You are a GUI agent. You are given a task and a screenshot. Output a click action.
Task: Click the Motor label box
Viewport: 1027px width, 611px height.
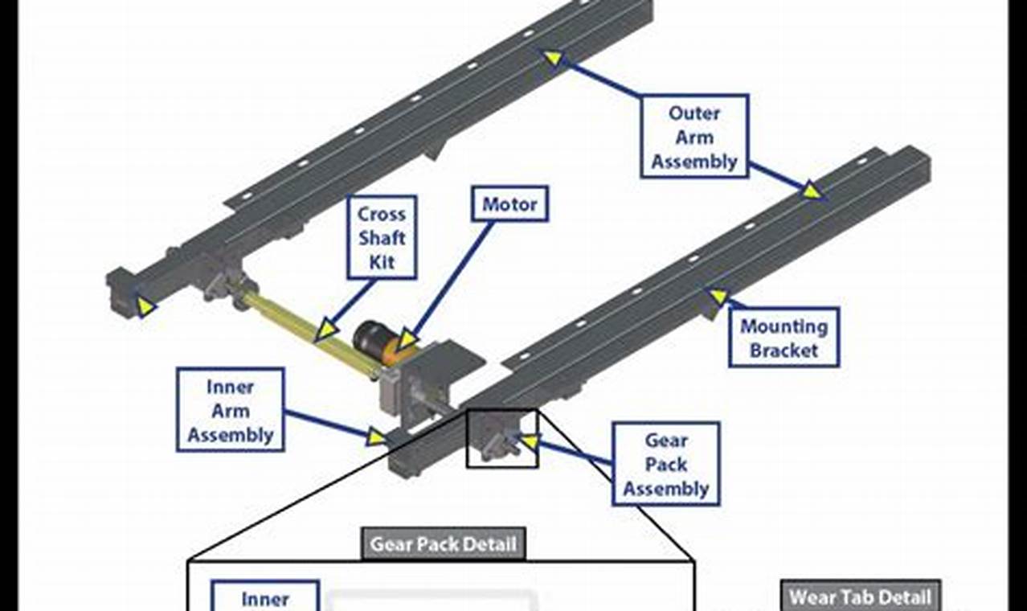point(509,205)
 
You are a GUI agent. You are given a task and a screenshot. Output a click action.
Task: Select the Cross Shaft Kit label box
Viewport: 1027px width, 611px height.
point(383,238)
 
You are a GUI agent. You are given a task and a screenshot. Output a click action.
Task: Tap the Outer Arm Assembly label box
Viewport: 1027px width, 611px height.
point(694,137)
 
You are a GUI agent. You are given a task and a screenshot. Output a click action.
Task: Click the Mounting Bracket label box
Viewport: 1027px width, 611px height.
point(784,338)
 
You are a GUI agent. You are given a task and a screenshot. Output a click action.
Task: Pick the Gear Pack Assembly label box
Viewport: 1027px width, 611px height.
point(665,464)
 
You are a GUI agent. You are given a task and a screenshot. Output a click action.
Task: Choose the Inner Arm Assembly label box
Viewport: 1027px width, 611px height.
point(231,410)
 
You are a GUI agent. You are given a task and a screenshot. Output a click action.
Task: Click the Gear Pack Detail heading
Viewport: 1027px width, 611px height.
point(443,544)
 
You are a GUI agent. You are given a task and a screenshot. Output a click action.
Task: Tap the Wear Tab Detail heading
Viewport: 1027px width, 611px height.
point(861,597)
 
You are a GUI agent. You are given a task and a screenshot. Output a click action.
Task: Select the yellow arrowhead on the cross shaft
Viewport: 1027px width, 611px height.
point(325,330)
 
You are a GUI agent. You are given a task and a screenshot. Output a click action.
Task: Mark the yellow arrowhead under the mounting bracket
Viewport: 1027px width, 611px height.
point(718,297)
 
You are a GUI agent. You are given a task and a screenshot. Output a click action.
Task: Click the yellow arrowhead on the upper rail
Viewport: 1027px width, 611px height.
point(554,58)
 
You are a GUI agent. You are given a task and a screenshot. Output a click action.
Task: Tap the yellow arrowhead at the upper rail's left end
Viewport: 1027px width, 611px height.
point(145,306)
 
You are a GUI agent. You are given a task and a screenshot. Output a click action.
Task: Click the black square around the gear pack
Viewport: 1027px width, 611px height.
point(502,438)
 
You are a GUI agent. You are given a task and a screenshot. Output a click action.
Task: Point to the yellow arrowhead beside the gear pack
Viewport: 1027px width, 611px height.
point(528,441)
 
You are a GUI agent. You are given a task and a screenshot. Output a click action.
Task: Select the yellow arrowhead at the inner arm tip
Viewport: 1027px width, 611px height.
point(375,437)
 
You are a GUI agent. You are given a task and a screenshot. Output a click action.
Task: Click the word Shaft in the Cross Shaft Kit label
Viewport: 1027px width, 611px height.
point(383,238)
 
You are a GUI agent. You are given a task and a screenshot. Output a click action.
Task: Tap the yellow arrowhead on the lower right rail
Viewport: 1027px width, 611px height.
point(812,191)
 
